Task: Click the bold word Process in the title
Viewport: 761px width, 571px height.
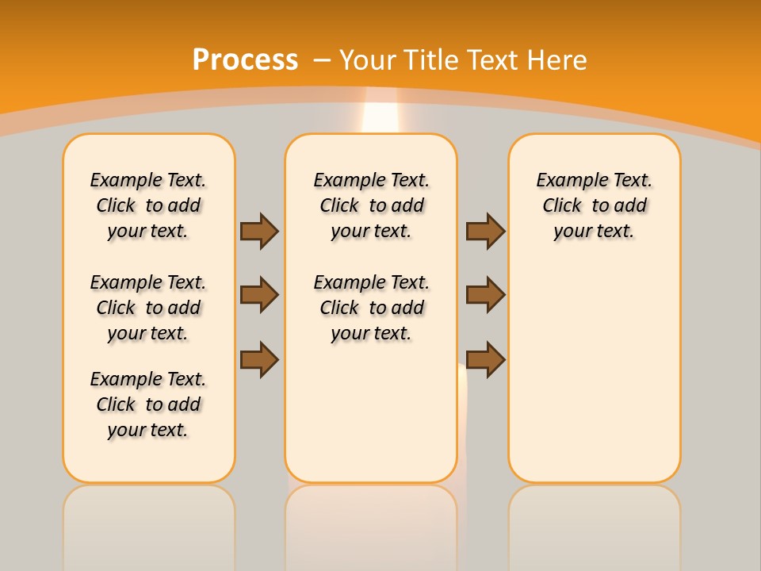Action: pos(245,60)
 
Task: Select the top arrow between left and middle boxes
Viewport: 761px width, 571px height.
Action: pos(259,231)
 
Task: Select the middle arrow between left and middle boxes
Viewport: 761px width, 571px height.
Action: pos(259,295)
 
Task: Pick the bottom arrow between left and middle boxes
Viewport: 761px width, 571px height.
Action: pos(259,359)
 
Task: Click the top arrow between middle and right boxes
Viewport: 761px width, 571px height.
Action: pos(485,231)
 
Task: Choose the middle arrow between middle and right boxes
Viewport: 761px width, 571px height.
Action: pos(485,295)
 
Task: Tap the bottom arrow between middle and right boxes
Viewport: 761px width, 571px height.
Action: pos(485,359)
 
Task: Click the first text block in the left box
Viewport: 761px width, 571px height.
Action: pos(148,205)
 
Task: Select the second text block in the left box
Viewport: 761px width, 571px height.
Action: pos(148,308)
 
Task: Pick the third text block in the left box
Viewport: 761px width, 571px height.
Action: pos(148,404)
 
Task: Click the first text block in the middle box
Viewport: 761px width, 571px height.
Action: pos(371,205)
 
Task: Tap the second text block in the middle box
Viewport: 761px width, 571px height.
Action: pos(371,308)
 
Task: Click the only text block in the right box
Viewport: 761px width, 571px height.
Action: pos(594,205)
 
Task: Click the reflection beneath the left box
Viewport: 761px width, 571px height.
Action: pos(149,523)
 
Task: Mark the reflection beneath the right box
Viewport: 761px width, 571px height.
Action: pos(594,523)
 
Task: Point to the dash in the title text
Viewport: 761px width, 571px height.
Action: pos(322,60)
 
